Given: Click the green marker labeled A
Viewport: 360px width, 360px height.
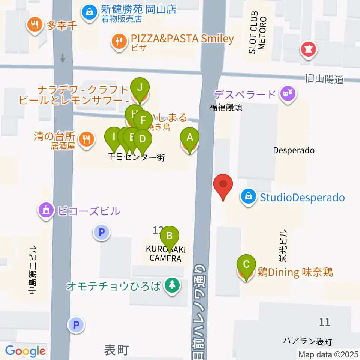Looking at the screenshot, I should (x=190, y=138).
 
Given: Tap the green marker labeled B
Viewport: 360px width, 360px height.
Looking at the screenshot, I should (x=169, y=236).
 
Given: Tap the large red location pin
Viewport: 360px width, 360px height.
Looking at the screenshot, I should (x=223, y=184).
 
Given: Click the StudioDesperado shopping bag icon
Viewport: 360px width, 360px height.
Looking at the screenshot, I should (x=248, y=196).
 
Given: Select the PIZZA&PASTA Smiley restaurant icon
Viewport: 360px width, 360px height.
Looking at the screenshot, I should (x=119, y=40).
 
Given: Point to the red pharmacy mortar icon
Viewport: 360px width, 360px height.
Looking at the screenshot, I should (x=309, y=49).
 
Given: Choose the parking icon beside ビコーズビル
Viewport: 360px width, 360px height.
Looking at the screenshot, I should (x=101, y=232).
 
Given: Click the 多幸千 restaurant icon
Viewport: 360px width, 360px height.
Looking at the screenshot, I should (x=35, y=25).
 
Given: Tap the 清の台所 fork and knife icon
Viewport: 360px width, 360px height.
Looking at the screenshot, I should (x=87, y=139).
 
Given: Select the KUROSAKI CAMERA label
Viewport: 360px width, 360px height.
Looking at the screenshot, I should (x=165, y=254).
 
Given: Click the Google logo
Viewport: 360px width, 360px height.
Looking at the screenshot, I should (x=25, y=351).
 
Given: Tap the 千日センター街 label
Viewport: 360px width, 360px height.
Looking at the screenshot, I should (x=136, y=157).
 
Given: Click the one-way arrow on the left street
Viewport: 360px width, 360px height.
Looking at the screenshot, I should (x=63, y=58).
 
